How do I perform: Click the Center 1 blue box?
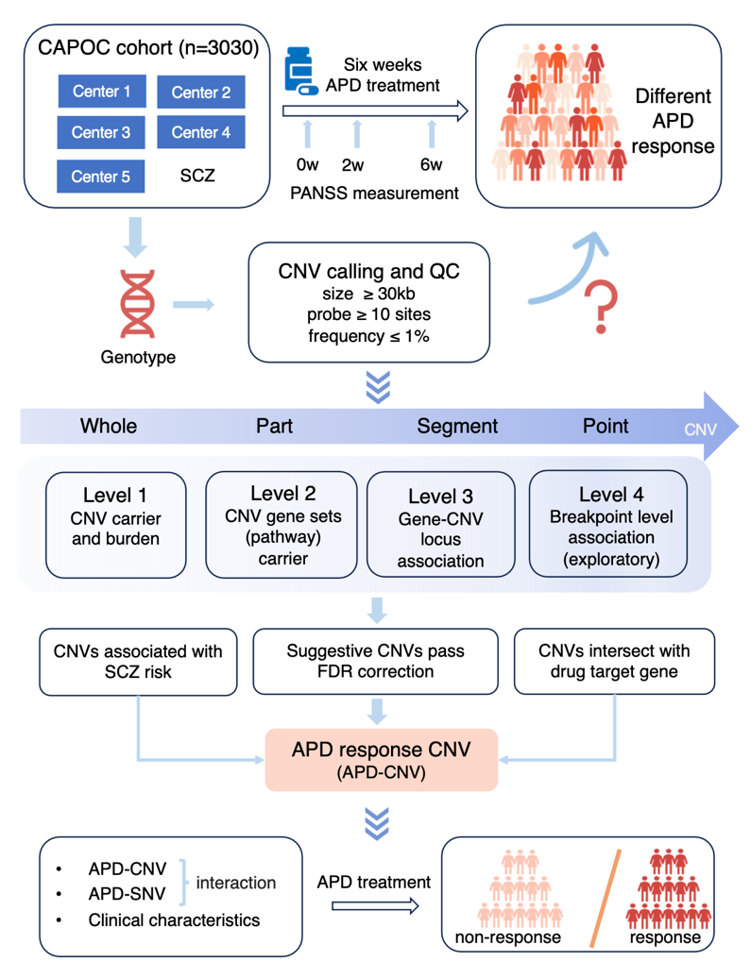click(101, 92)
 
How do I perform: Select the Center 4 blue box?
click(201, 132)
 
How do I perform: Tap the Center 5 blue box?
click(101, 176)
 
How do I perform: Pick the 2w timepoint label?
click(353, 165)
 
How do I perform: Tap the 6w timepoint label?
click(431, 165)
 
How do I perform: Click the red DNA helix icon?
click(138, 304)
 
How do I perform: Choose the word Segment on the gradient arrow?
click(457, 426)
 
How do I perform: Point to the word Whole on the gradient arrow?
click(109, 426)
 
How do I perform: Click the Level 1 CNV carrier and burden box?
click(115, 524)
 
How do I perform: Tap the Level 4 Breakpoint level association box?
click(605, 524)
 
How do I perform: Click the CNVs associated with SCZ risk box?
click(137, 661)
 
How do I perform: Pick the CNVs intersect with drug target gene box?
click(614, 661)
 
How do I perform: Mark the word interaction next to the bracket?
click(236, 884)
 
